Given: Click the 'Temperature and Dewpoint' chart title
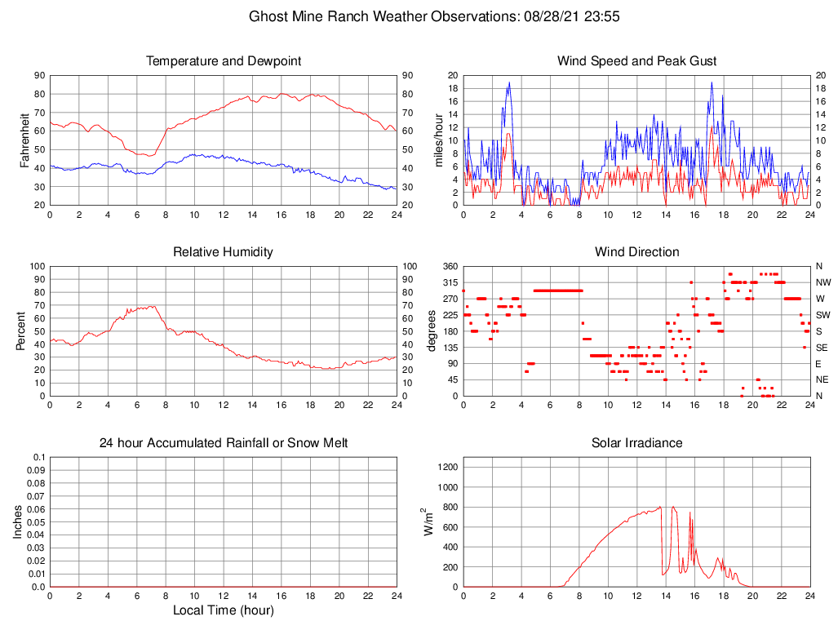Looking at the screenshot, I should [223, 61].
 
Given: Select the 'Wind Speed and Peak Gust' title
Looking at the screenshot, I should [636, 61].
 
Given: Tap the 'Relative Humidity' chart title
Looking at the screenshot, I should [223, 252].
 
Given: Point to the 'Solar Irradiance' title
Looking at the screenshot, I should [636, 443].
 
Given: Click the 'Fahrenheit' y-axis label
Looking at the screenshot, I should [24, 140].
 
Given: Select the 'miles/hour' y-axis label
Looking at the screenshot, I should [438, 140].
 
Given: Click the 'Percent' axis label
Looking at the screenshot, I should [20, 331].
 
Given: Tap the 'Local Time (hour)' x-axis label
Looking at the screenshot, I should [223, 610].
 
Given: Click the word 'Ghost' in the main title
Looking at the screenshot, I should [267, 16].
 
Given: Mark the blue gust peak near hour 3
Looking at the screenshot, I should [509, 82].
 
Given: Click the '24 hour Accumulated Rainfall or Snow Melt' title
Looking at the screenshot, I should [223, 443].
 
